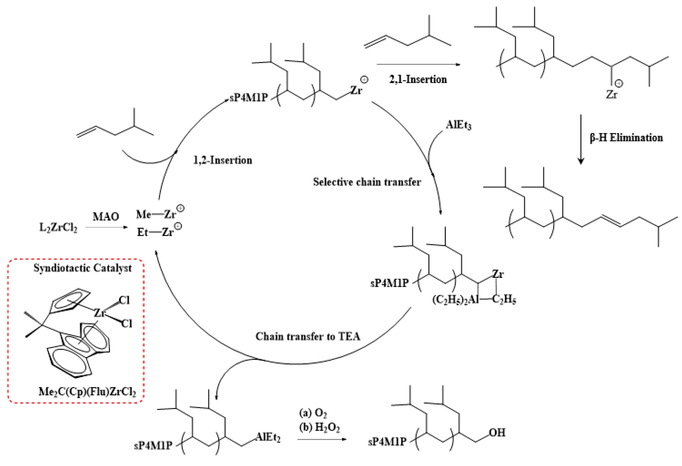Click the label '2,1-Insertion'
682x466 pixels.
click(418, 79)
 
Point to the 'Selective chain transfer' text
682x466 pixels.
click(367, 182)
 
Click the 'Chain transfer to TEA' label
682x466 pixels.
click(308, 336)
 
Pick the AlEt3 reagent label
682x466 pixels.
click(458, 125)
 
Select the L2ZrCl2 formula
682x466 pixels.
click(58, 227)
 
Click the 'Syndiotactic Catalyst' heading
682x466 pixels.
click(82, 268)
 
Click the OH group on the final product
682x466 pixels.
click(497, 433)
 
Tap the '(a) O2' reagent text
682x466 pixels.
click(313, 413)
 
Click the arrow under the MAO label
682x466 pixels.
click(106, 227)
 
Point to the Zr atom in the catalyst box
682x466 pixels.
click(99, 313)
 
